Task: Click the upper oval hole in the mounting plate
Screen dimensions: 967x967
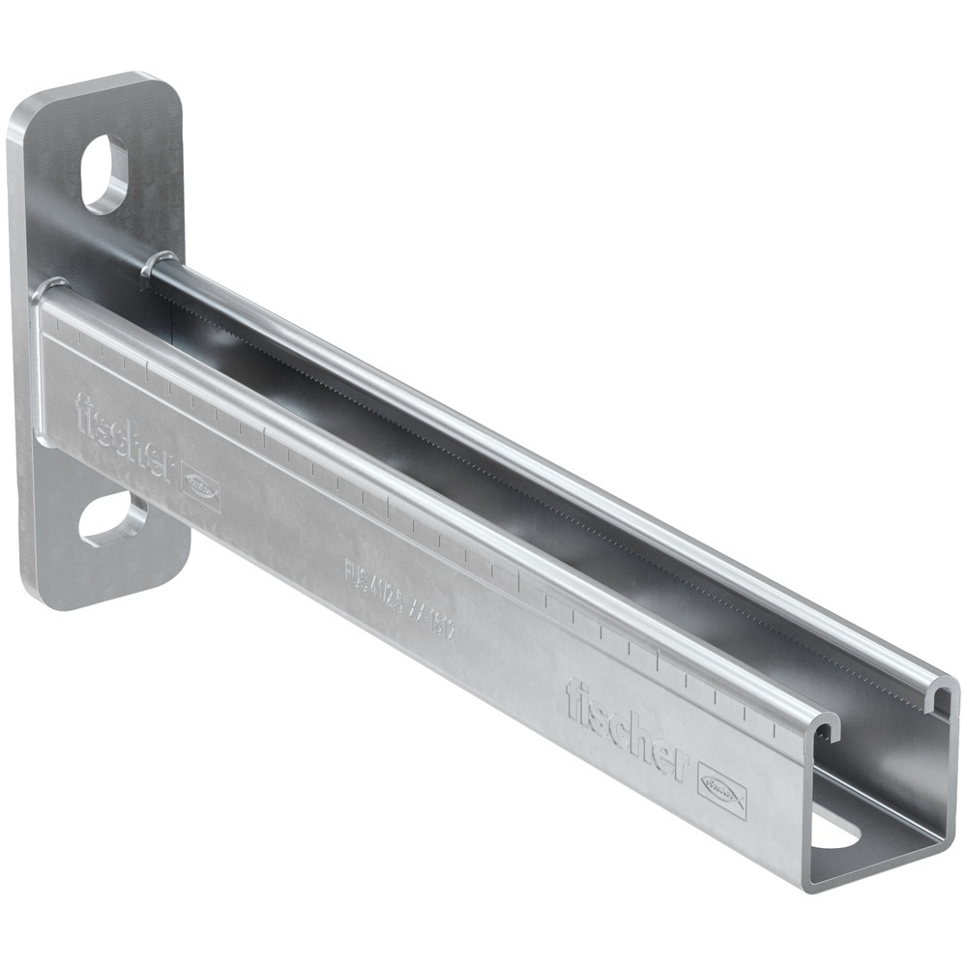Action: coord(105,174)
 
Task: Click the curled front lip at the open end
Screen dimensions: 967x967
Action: coord(821,726)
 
